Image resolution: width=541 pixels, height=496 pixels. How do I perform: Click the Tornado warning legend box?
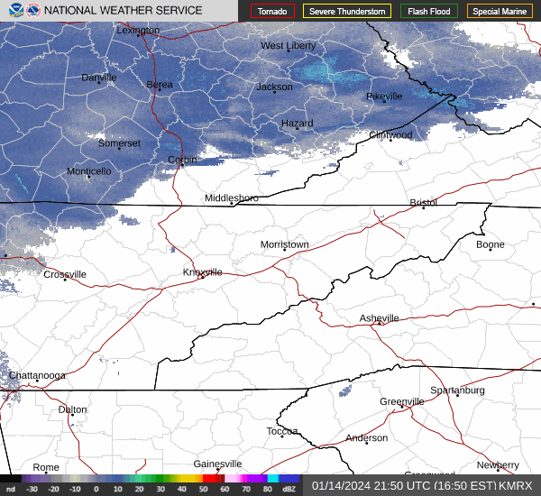tap(272, 12)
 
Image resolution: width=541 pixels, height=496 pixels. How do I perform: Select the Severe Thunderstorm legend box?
tap(347, 12)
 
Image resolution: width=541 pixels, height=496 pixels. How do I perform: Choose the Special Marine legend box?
tap(500, 12)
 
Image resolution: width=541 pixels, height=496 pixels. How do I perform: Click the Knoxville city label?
tap(203, 271)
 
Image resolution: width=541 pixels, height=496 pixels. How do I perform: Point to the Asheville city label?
tap(379, 318)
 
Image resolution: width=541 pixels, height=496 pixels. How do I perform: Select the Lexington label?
tap(138, 30)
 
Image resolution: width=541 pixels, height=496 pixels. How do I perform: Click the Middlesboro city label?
tap(231, 197)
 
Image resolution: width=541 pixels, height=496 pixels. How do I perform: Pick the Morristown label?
tap(284, 244)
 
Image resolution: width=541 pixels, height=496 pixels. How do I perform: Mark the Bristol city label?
tap(423, 203)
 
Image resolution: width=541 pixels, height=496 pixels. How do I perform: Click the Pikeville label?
tap(383, 96)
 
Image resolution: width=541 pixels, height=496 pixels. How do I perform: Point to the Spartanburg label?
tap(457, 390)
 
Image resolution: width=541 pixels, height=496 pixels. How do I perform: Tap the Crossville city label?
tap(65, 274)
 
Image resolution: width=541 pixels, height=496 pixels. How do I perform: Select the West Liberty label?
tap(289, 45)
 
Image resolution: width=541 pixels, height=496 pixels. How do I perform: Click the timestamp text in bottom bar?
tap(420, 485)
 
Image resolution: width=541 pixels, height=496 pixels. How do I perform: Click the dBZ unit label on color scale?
tap(289, 489)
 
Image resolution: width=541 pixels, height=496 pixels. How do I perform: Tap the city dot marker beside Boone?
tap(491, 250)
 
